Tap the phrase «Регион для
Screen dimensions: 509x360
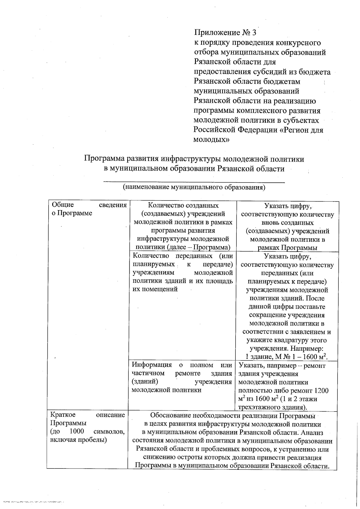click(301, 130)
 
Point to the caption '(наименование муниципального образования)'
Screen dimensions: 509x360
click(194, 187)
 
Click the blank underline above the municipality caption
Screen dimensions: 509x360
click(194, 181)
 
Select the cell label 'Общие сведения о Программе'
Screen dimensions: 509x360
click(89, 209)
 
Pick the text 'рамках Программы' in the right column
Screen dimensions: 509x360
click(288, 248)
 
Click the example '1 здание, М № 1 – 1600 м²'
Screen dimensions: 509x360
click(286, 357)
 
